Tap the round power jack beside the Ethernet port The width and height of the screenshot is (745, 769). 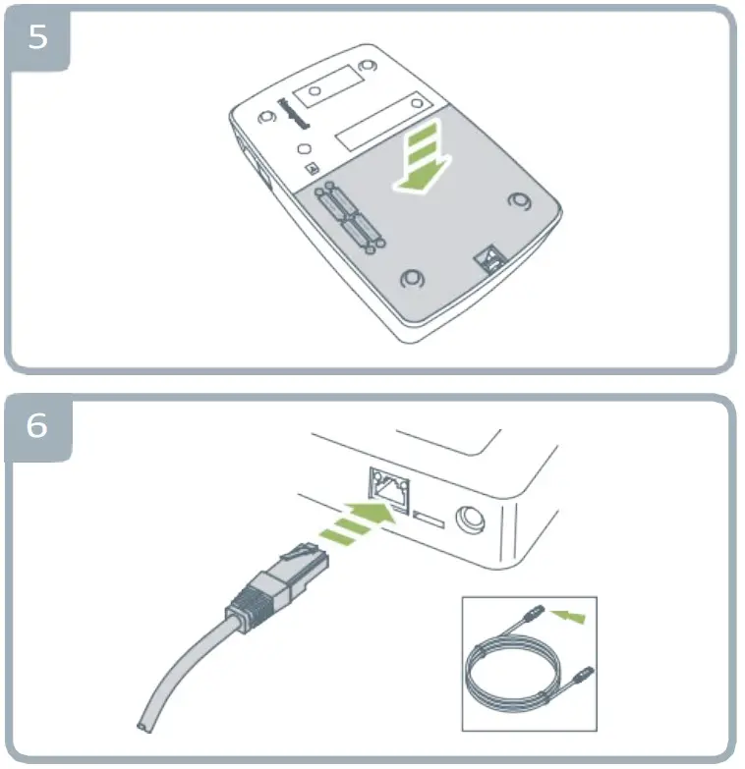[x=471, y=516]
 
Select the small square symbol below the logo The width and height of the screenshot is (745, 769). [x=312, y=168]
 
